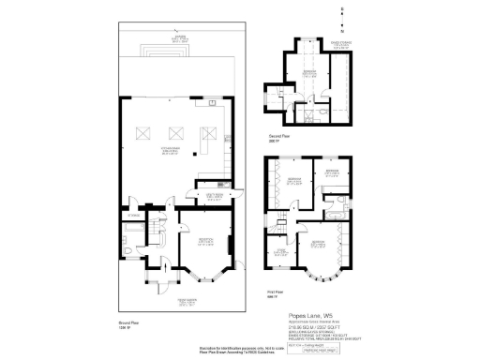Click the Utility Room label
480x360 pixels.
(204, 195)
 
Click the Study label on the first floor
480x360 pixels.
(279, 249)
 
